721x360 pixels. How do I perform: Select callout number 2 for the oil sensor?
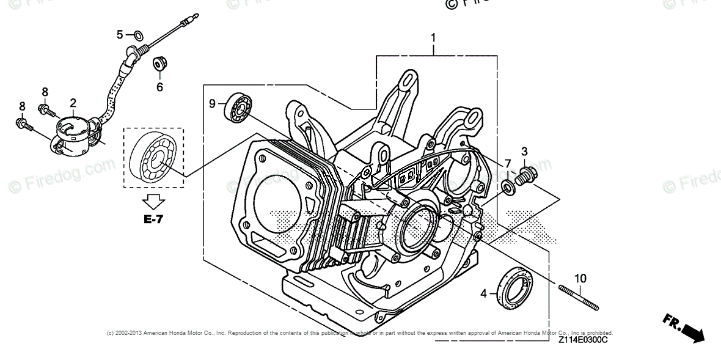pos(73,103)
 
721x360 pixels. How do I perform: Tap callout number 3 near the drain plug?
pos(524,151)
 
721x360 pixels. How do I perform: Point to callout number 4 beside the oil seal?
pos(483,293)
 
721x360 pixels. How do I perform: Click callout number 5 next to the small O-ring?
pos(120,34)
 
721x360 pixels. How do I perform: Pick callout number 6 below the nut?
pos(159,87)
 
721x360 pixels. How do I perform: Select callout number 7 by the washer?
pos(508,163)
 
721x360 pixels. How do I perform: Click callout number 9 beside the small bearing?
pos(213,104)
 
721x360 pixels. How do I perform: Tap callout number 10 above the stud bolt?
pos(580,279)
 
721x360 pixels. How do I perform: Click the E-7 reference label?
pos(154,218)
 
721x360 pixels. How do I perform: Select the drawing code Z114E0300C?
pos(582,340)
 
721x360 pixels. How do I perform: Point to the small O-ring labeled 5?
pos(138,34)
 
